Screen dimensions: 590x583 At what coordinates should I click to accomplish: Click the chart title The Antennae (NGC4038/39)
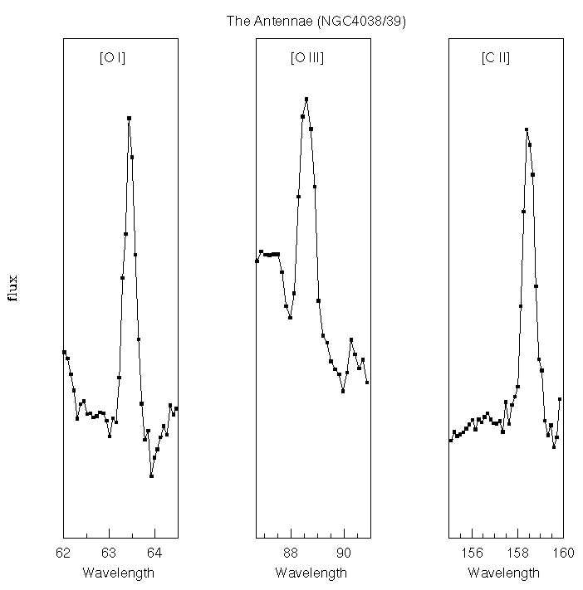click(316, 20)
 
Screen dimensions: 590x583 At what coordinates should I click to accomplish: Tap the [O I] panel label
click(112, 57)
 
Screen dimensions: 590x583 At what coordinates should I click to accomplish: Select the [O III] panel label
click(307, 57)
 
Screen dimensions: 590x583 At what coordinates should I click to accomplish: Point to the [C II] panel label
click(496, 57)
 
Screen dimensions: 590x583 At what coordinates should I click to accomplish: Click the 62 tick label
click(63, 552)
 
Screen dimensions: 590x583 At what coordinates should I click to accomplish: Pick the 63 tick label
click(109, 552)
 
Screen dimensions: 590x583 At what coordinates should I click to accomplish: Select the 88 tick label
click(290, 552)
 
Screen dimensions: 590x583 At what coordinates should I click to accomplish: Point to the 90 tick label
click(344, 552)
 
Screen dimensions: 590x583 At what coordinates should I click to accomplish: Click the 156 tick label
click(473, 552)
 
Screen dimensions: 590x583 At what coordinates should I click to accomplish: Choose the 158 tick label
click(518, 552)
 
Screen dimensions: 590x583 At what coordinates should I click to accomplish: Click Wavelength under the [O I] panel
click(118, 573)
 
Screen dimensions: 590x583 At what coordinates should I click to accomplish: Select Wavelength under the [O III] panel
click(311, 573)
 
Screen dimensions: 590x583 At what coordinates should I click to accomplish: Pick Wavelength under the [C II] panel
click(503, 573)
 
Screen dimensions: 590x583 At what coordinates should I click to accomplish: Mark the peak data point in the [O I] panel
click(129, 118)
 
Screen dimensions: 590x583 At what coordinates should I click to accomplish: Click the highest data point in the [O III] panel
click(306, 100)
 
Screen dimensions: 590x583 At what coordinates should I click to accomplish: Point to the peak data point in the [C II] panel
click(527, 129)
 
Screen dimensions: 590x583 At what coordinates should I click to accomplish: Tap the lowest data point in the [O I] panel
click(151, 475)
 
